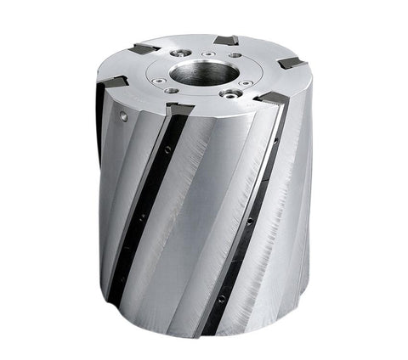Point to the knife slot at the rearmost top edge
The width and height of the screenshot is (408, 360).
226,40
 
